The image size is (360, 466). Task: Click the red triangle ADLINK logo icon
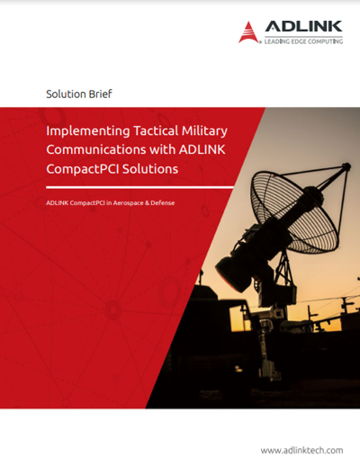(248, 32)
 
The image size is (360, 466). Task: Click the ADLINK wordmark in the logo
(303, 26)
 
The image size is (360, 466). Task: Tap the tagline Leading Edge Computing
(303, 41)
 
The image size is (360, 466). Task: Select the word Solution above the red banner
(62, 94)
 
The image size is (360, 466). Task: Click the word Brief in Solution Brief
(96, 94)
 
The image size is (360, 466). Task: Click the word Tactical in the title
(156, 130)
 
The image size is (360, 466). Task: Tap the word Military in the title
(204, 131)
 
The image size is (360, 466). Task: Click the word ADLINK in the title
(202, 149)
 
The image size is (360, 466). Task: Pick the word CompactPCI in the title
(83, 169)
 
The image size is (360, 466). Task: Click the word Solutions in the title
(150, 169)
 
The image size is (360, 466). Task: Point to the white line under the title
(139, 187)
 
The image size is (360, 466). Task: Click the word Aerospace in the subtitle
(128, 203)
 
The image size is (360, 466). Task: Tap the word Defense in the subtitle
(163, 203)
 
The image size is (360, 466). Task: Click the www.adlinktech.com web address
(301, 451)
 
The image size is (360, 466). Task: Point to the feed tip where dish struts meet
(346, 166)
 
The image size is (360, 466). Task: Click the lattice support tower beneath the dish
(283, 270)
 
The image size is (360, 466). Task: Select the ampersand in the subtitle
(147, 203)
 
